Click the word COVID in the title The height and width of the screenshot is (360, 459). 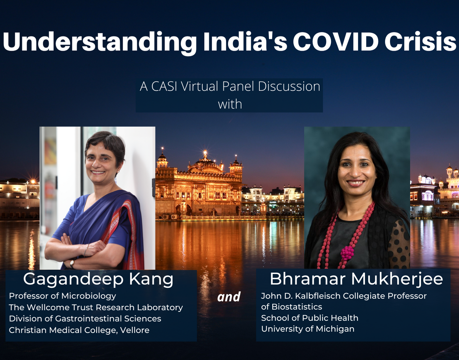(x=336, y=42)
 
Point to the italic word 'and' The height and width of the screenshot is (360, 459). (x=229, y=297)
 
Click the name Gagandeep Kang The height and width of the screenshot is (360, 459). (x=98, y=279)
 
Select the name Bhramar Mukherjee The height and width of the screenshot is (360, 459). (x=356, y=279)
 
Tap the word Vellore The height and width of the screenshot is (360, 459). (x=135, y=330)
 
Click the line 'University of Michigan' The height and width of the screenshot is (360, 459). (x=308, y=329)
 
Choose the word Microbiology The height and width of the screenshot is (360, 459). (x=89, y=296)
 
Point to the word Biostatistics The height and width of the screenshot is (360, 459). (x=297, y=307)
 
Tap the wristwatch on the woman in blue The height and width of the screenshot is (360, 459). (x=72, y=263)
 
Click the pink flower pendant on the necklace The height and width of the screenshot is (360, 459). (x=347, y=253)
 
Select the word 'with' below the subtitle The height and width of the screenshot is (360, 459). (x=230, y=104)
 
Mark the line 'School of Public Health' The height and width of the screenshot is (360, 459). (x=310, y=318)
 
